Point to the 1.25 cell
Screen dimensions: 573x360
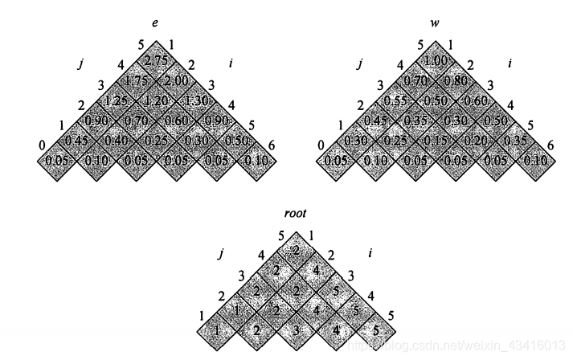(117, 101)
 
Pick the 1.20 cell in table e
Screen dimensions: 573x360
(157, 101)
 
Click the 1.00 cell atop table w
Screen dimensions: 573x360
(436, 61)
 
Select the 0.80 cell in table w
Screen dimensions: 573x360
(455, 81)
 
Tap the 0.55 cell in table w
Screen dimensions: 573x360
(396, 101)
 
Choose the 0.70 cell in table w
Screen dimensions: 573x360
(416, 81)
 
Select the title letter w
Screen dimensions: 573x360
(435, 12)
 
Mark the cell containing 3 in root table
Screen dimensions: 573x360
(297, 329)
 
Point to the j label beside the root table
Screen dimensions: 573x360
(220, 254)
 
